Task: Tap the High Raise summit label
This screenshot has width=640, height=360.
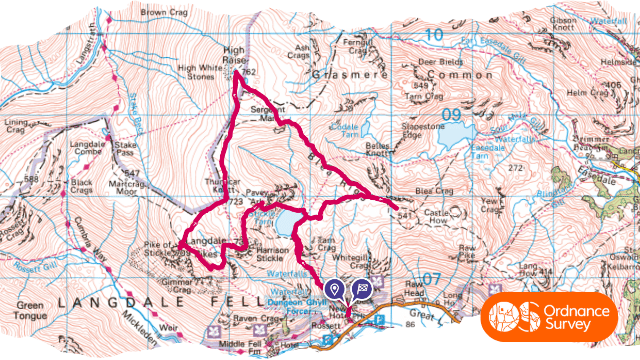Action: pos(234,54)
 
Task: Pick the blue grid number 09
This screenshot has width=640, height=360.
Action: pos(451,114)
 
